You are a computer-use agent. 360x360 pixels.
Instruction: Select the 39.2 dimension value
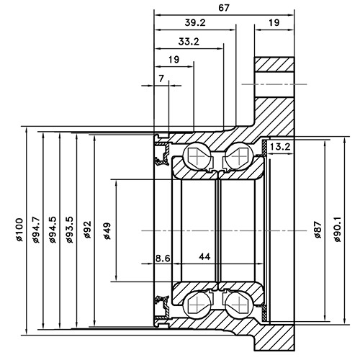(194, 23)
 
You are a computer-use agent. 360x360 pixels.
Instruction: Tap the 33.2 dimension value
(188, 41)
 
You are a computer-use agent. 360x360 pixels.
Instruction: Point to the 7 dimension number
(161, 77)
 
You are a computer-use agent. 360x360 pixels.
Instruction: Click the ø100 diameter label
(19, 230)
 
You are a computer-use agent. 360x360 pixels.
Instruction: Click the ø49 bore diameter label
(107, 230)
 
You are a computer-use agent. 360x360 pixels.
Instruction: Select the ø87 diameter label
(317, 230)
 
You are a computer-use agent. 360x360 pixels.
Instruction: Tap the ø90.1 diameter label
(335, 230)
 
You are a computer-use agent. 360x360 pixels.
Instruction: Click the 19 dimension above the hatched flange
(274, 23)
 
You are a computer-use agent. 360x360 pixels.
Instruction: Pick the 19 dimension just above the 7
(174, 59)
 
